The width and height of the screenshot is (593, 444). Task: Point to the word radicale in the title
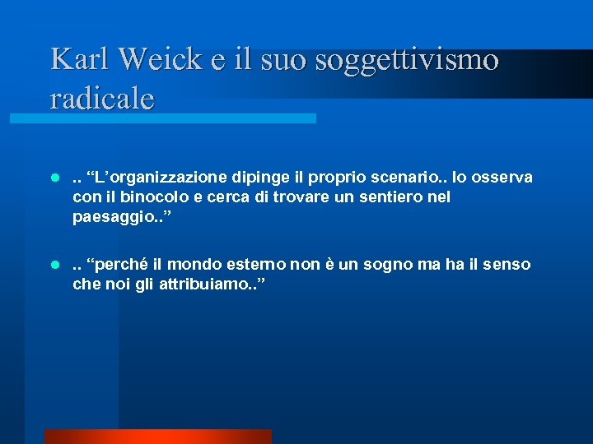[x=102, y=98]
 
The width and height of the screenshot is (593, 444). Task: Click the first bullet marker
[x=54, y=178]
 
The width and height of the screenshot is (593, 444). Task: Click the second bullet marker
[x=54, y=266]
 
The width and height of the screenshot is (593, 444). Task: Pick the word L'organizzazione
[x=155, y=178]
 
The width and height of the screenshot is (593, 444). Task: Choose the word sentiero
[x=395, y=198]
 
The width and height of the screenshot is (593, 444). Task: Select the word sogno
[x=392, y=266]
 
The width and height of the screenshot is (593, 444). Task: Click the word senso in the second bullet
[x=509, y=266]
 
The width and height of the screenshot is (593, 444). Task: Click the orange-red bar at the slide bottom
[x=157, y=437]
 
